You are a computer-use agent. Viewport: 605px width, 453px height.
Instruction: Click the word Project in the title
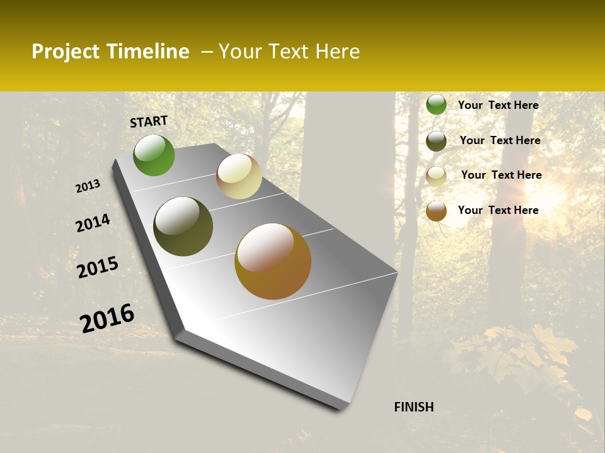(x=62, y=52)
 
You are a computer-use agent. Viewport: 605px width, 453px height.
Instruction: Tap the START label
(x=149, y=121)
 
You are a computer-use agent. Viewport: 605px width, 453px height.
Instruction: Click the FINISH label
(x=413, y=407)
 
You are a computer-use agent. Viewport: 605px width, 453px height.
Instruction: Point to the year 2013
(x=88, y=186)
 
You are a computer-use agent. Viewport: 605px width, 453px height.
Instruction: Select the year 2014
(x=93, y=223)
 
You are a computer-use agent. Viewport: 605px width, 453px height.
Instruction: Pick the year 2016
(x=107, y=318)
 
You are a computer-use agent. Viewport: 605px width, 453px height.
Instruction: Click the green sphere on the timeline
(x=154, y=155)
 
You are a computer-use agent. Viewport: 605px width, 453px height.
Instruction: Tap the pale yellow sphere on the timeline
(x=239, y=176)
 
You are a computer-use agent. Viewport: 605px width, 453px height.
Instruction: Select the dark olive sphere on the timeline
(x=183, y=226)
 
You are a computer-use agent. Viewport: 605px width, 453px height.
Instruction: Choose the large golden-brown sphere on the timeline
(x=273, y=261)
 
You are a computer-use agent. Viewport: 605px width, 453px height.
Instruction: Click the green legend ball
(x=436, y=104)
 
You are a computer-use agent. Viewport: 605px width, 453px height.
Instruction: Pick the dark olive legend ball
(x=436, y=140)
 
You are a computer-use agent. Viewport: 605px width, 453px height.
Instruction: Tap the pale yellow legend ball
(x=436, y=176)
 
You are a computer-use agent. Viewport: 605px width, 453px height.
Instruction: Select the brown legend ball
(x=436, y=211)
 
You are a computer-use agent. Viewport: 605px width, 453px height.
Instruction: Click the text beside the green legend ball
(x=498, y=105)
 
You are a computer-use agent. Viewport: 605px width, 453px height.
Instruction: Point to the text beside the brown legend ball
(x=498, y=210)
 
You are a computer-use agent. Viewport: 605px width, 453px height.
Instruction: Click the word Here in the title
(x=337, y=52)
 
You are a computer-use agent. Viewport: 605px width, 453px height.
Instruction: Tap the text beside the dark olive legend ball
(x=500, y=140)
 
